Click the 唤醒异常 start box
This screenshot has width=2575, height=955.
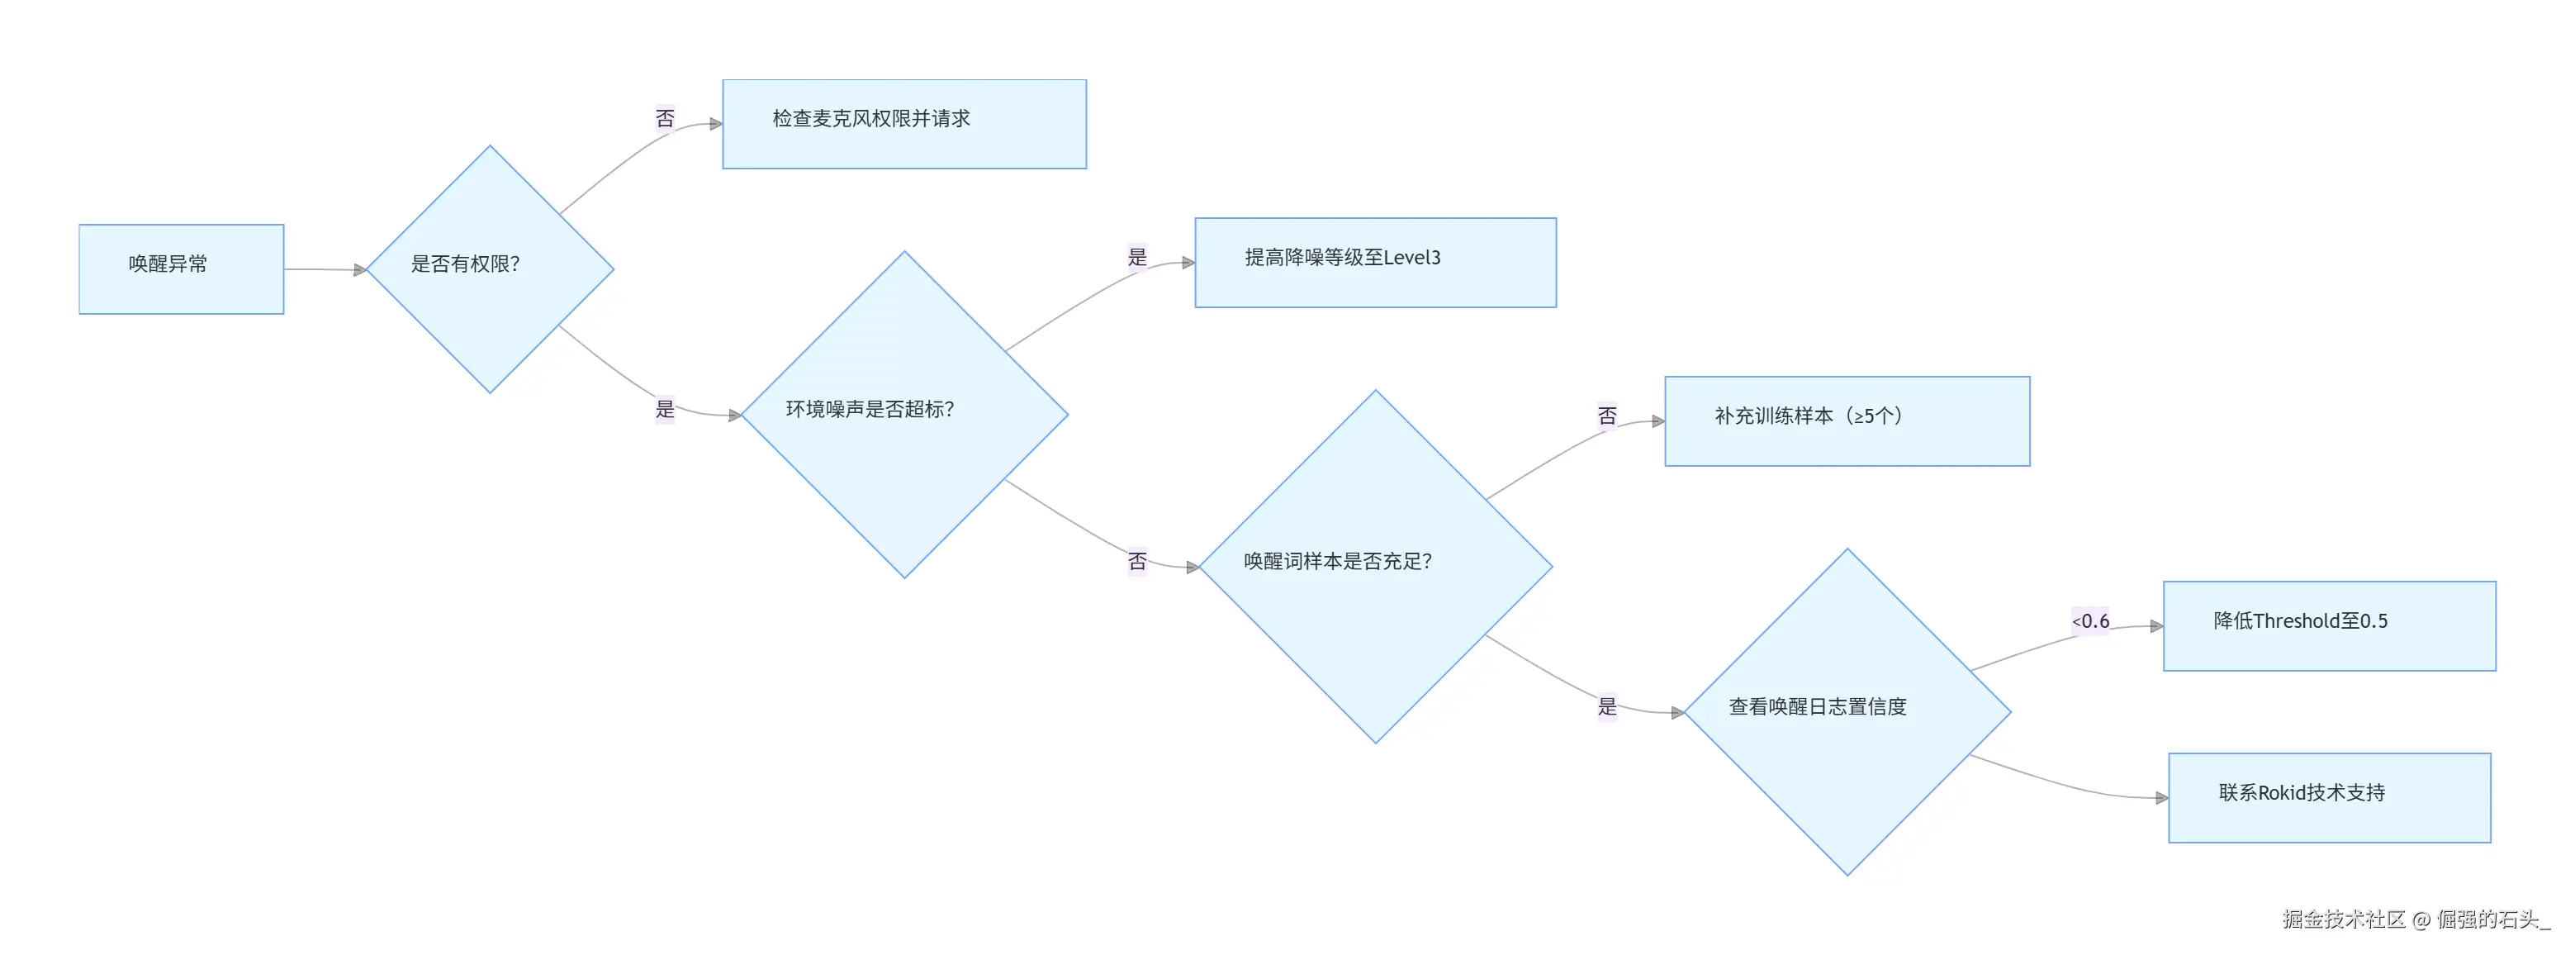(x=181, y=269)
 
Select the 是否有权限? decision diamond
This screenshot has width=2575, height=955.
(x=490, y=269)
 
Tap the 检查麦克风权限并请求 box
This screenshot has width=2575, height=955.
(x=904, y=124)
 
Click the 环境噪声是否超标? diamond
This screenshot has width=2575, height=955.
(x=904, y=414)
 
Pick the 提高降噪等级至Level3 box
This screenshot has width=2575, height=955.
(x=1376, y=262)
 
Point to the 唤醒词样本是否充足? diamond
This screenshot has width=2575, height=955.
(x=1376, y=566)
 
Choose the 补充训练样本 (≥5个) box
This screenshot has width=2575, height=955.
(x=1847, y=421)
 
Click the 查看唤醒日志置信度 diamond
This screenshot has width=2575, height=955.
(x=1847, y=712)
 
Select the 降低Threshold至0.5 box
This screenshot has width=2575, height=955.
(x=2329, y=626)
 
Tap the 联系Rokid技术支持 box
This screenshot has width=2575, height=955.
(x=2329, y=798)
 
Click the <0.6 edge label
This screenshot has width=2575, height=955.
(x=2090, y=621)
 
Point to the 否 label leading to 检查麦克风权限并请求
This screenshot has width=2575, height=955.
(x=665, y=119)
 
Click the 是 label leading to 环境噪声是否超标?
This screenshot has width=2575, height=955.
(x=665, y=409)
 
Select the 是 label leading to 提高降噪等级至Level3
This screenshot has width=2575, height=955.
(x=1137, y=257)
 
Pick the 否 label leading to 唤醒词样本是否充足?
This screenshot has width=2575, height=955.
(x=1137, y=561)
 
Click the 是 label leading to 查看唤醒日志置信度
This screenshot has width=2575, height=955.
(x=1607, y=706)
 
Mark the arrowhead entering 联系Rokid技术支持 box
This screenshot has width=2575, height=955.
(x=2162, y=798)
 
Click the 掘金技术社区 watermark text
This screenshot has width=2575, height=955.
(x=2343, y=919)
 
